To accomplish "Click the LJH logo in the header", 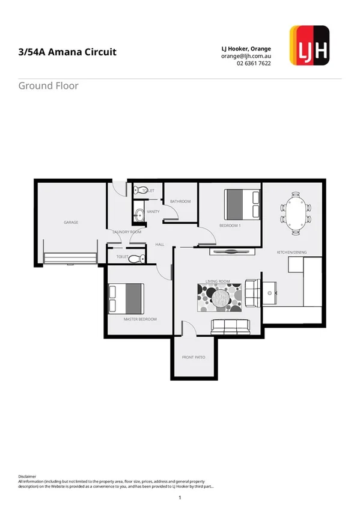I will coord(309,45).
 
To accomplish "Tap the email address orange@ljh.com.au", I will coord(245,56).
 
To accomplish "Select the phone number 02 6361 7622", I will coord(254,64).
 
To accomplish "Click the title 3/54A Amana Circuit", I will coord(67,52).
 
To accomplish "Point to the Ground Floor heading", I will coord(48,85).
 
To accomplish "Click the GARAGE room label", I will coord(71,223).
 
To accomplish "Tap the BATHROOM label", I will coord(180,201).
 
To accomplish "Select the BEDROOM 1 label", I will coord(230,226).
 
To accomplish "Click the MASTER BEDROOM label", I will coord(140,319).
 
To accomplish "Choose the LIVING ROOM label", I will coord(218,281).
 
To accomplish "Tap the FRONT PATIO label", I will coord(194,357).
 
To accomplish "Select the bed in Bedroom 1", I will coord(242,204).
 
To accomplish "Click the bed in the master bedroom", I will coord(126,298).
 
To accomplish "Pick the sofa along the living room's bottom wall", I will coord(230,327).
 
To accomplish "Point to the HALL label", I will coord(160,245).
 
